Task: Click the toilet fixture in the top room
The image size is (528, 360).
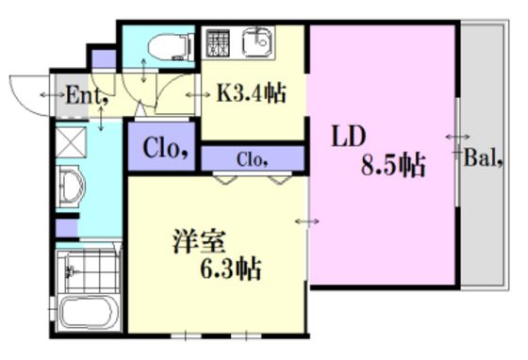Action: pyautogui.click(x=171, y=47)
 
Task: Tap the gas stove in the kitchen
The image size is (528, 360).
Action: pyautogui.click(x=218, y=42)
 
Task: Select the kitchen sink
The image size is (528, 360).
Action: pyautogui.click(x=257, y=42)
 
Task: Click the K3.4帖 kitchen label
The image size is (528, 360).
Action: pyautogui.click(x=251, y=92)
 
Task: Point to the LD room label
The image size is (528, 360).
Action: pyautogui.click(x=349, y=136)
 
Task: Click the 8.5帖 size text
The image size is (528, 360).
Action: pyautogui.click(x=393, y=165)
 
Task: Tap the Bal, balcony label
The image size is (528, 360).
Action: pyautogui.click(x=484, y=157)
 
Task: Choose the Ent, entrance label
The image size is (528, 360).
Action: pyautogui.click(x=87, y=95)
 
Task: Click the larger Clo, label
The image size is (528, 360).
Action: pyautogui.click(x=165, y=148)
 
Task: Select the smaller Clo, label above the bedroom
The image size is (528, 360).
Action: pyautogui.click(x=253, y=159)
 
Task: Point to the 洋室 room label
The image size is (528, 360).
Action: pyautogui.click(x=199, y=241)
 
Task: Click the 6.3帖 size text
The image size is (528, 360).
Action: pyautogui.click(x=231, y=269)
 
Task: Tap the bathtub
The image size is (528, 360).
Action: pyautogui.click(x=89, y=312)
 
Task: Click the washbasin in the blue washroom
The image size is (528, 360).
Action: pyautogui.click(x=72, y=186)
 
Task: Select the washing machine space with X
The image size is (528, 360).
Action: pyautogui.click(x=71, y=142)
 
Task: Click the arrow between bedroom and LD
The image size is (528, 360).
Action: pyautogui.click(x=307, y=221)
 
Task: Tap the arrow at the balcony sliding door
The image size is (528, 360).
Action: pyautogui.click(x=458, y=137)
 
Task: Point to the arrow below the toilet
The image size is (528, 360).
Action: pyautogui.click(x=143, y=71)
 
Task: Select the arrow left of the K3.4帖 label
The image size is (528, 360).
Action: pyautogui.click(x=198, y=95)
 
